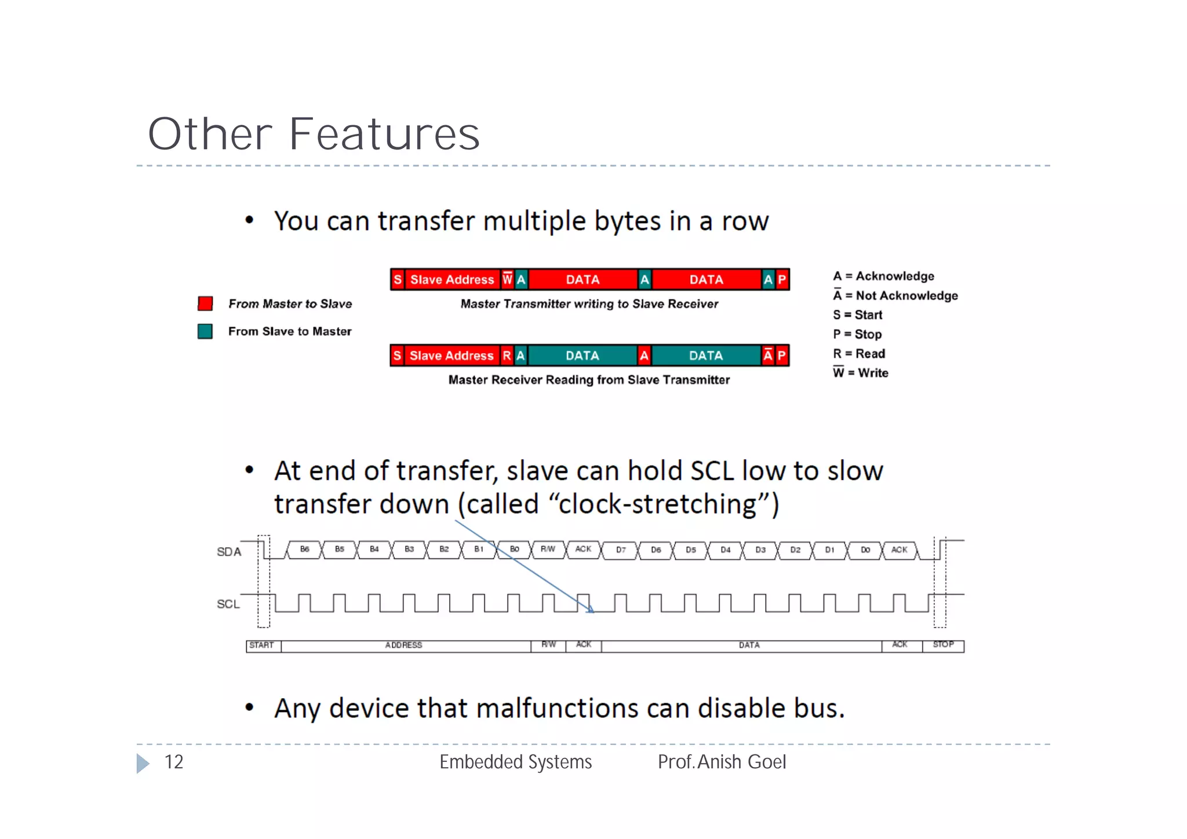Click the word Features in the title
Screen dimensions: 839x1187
click(384, 134)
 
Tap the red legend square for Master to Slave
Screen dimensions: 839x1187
click(205, 303)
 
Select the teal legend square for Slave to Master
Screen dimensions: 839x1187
click(205, 331)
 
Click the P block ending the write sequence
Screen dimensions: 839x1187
click(782, 279)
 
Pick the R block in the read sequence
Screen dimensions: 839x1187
click(507, 355)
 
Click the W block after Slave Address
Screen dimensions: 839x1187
click(507, 279)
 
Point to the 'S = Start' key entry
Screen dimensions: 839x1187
click(857, 315)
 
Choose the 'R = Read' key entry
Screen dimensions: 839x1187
click(859, 354)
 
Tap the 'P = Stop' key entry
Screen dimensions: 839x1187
click(857, 334)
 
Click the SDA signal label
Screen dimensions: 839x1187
click(229, 551)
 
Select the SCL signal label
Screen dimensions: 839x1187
click(228, 604)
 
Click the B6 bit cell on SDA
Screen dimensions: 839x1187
click(304, 549)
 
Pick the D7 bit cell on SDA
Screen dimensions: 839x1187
click(621, 550)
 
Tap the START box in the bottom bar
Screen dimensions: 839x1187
click(262, 645)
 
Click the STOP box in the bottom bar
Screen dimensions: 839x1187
click(944, 645)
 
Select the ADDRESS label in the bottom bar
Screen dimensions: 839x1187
click(404, 645)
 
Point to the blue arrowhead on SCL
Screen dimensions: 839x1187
click(590, 609)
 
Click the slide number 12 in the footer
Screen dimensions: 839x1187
click(174, 762)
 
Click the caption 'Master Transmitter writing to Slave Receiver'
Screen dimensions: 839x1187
click(589, 304)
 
